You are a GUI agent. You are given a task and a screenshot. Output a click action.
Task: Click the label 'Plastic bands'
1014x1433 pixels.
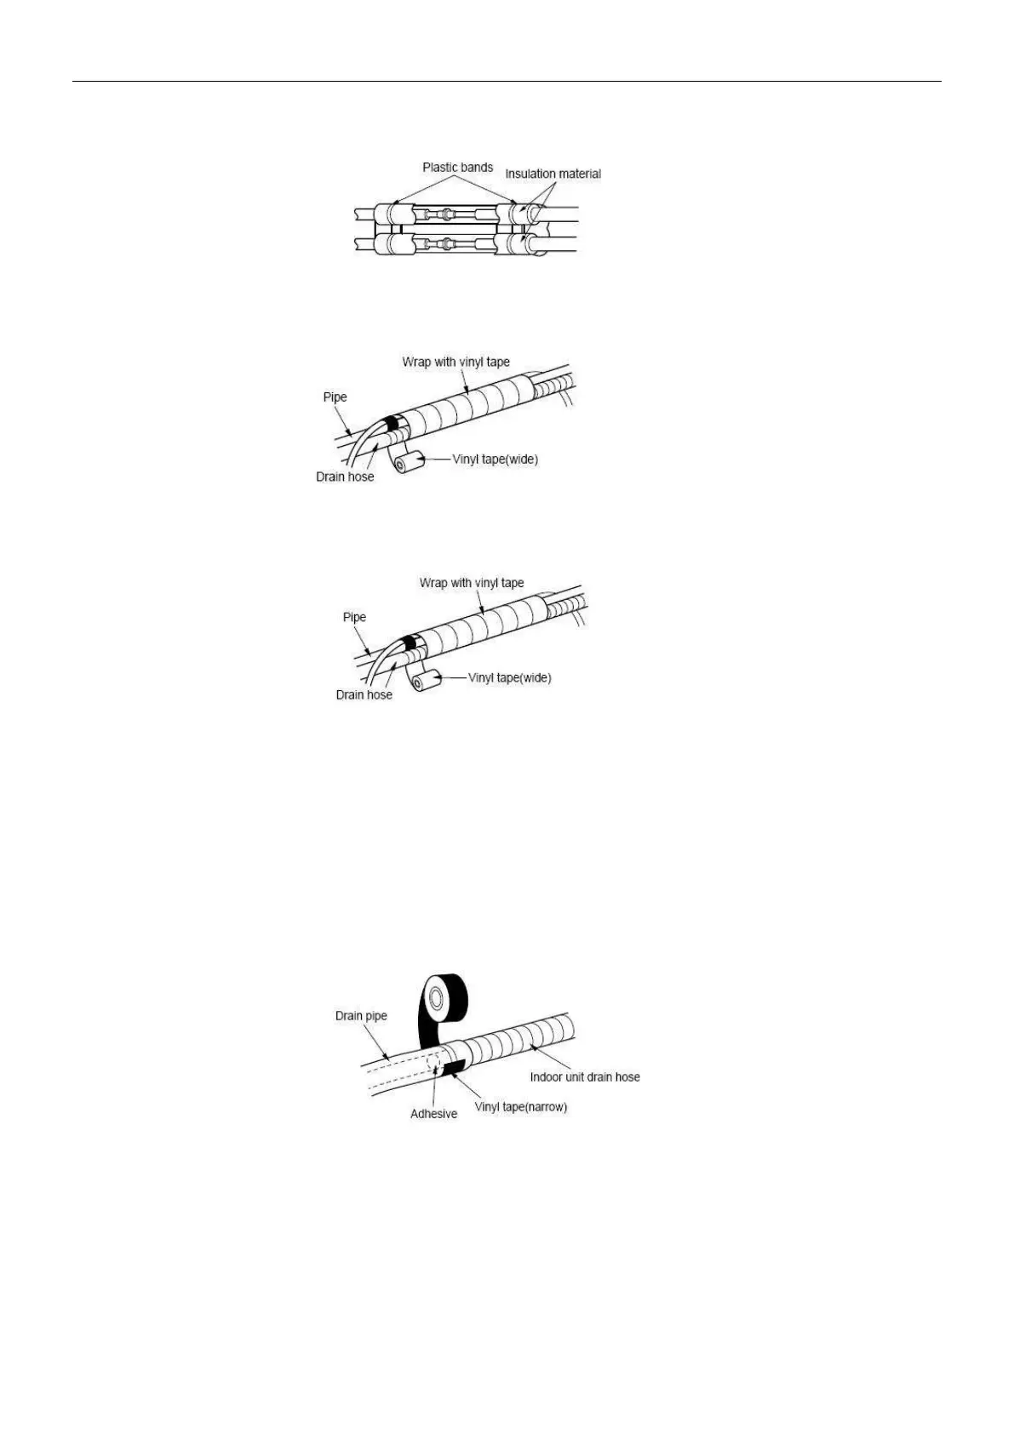pyautogui.click(x=457, y=168)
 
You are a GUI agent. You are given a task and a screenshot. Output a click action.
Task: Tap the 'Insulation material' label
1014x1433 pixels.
pyautogui.click(x=553, y=174)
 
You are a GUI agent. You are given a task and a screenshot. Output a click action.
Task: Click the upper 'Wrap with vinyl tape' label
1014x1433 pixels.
pyautogui.click(x=455, y=362)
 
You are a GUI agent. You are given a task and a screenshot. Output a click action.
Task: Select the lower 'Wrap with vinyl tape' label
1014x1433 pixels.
pyautogui.click(x=472, y=583)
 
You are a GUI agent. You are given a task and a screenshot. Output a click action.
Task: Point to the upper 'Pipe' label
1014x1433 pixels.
pyautogui.click(x=335, y=397)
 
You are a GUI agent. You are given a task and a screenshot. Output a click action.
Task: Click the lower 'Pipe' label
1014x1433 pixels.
pyautogui.click(x=354, y=617)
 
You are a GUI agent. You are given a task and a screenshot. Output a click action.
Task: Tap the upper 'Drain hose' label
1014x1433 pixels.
pyautogui.click(x=345, y=477)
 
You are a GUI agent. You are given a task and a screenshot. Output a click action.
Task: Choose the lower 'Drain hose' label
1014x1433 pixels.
pyautogui.click(x=364, y=694)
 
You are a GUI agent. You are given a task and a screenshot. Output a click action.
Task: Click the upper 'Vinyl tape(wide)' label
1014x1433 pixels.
pyautogui.click(x=495, y=460)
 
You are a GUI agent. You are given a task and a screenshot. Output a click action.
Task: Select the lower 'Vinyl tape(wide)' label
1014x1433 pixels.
pyautogui.click(x=509, y=678)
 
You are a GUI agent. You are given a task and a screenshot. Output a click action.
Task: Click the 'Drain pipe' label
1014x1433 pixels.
pyautogui.click(x=361, y=1015)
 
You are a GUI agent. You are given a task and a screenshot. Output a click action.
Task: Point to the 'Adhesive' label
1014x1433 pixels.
pyautogui.click(x=433, y=1113)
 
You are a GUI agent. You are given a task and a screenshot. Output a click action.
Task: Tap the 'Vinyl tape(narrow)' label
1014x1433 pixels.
pyautogui.click(x=520, y=1107)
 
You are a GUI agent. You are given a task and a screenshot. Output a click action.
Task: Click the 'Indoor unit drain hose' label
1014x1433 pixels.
pyautogui.click(x=584, y=1076)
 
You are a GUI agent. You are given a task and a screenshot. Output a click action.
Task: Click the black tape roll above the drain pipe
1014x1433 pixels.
pyautogui.click(x=446, y=996)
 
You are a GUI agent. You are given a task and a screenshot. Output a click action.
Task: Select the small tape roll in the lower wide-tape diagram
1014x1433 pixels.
pyautogui.click(x=427, y=681)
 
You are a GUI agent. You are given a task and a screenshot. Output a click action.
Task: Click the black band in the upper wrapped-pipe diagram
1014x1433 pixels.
pyautogui.click(x=393, y=423)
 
